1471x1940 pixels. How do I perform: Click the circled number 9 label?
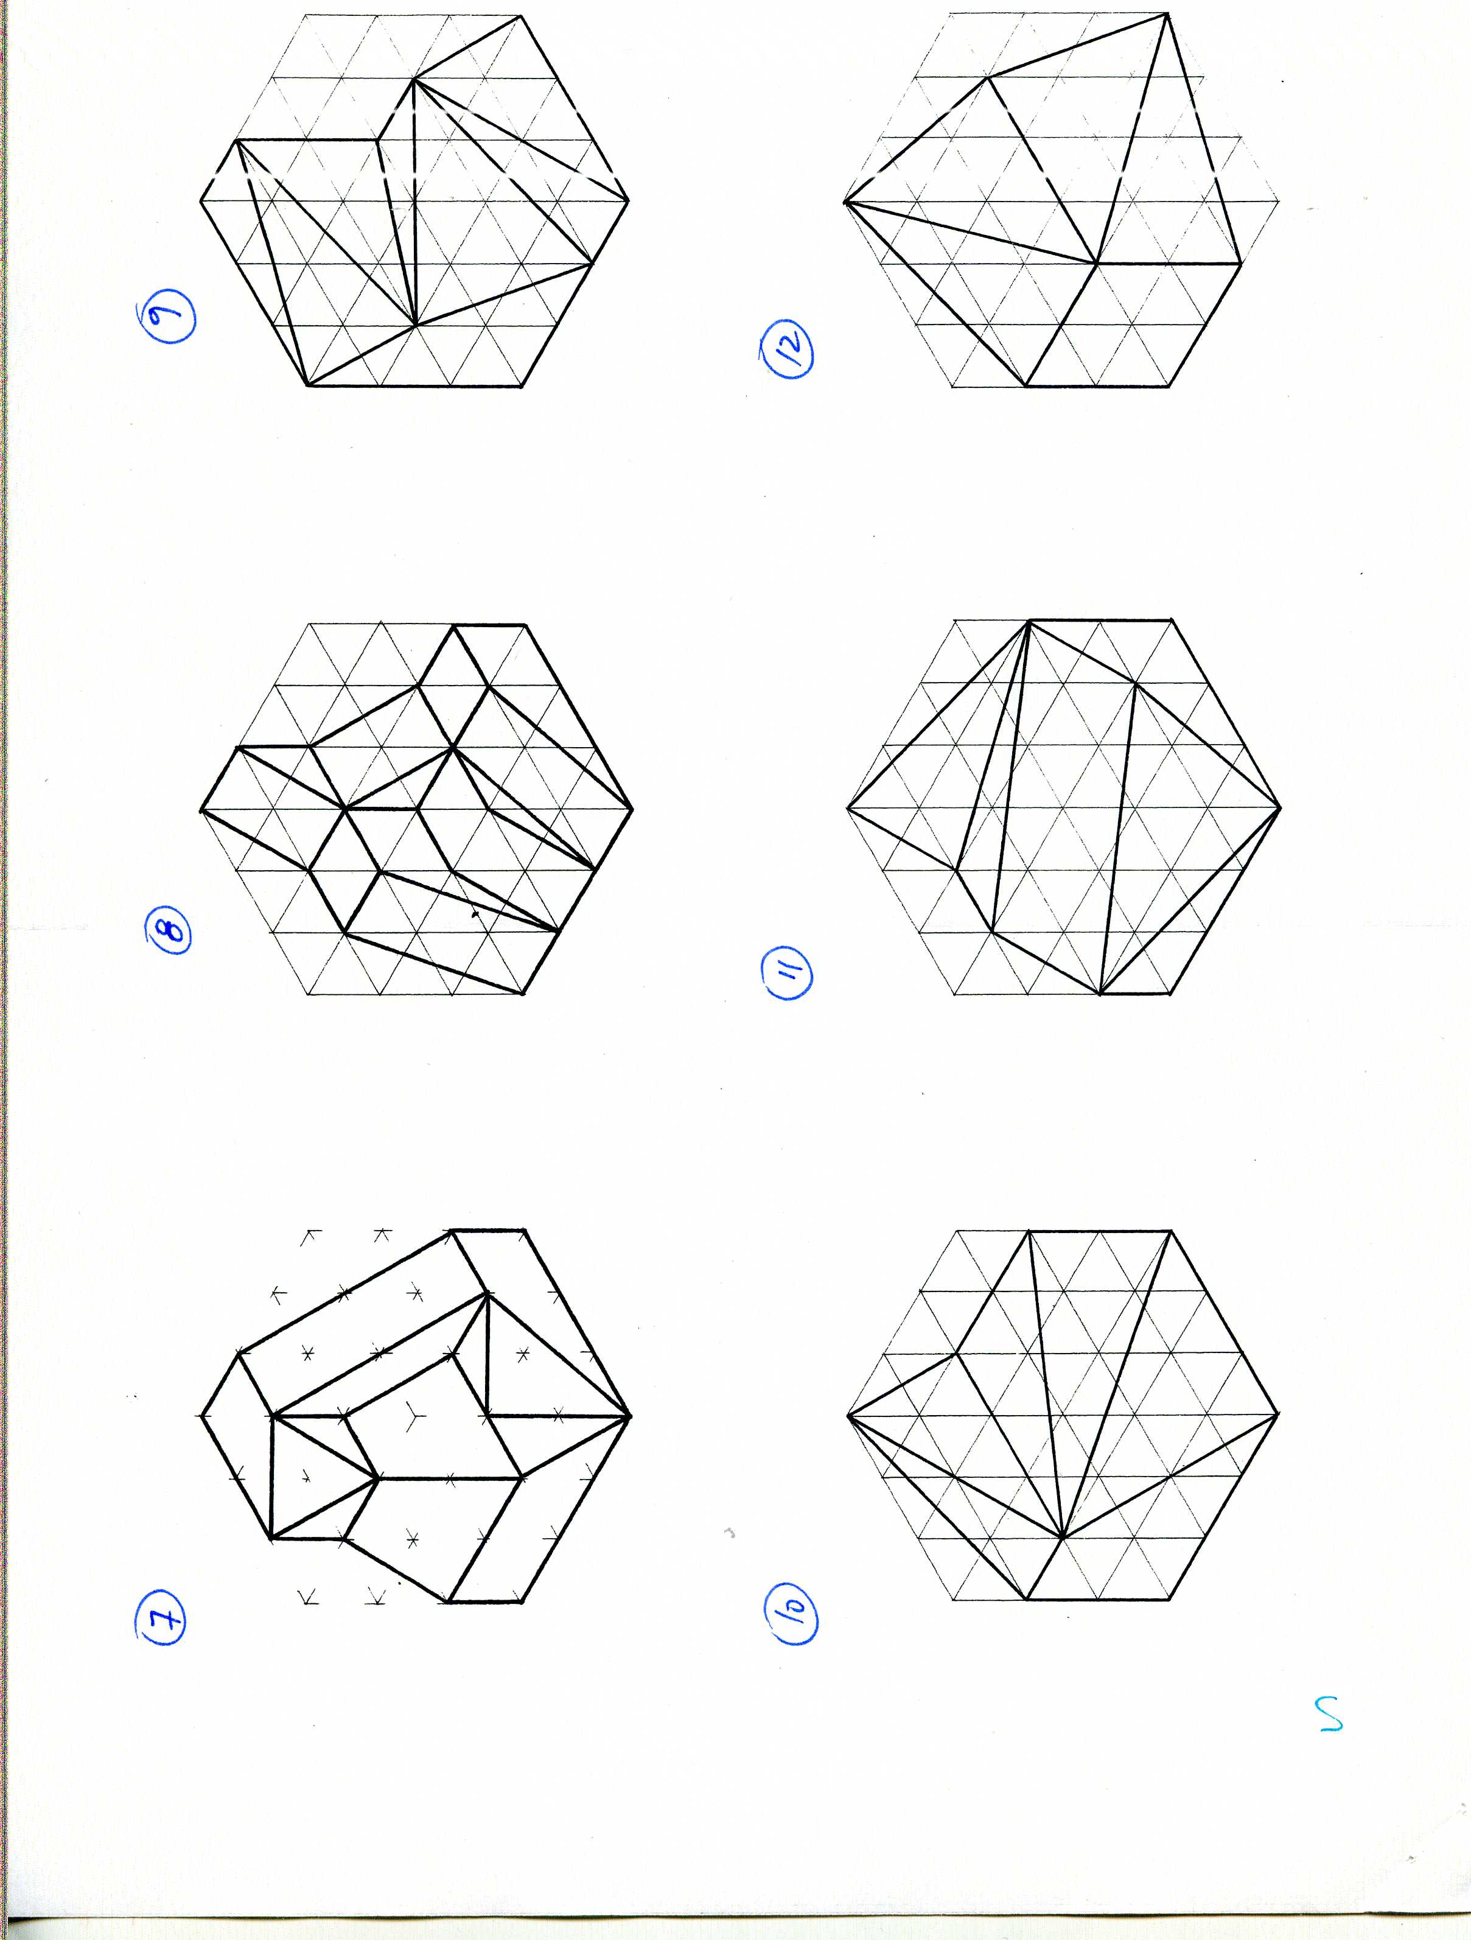tap(166, 319)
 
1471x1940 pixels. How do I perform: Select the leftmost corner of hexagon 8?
tap(201, 809)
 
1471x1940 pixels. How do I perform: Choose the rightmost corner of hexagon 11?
tap(1280, 806)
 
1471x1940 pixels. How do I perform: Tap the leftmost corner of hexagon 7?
tap(201, 1416)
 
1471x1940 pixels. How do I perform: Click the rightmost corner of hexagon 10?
tap(1278, 1414)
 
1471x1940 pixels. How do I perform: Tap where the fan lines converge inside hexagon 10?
tap(1061, 1538)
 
